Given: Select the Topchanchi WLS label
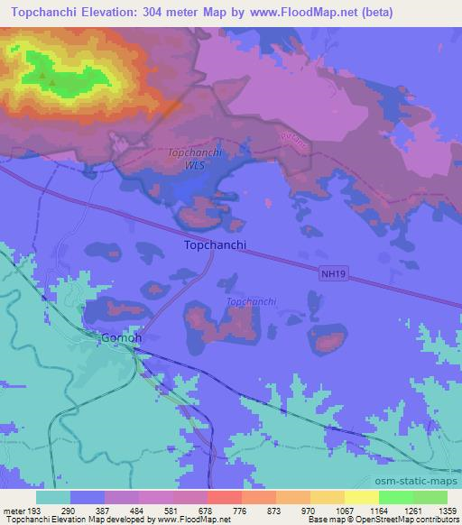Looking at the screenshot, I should (191, 159).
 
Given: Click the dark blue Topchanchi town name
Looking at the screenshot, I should (215, 244).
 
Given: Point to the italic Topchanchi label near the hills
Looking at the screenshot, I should (251, 302).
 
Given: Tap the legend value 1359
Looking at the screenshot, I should (436, 510).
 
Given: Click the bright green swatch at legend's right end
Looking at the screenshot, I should (430, 497).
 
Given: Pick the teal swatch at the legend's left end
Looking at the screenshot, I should (53, 497).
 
